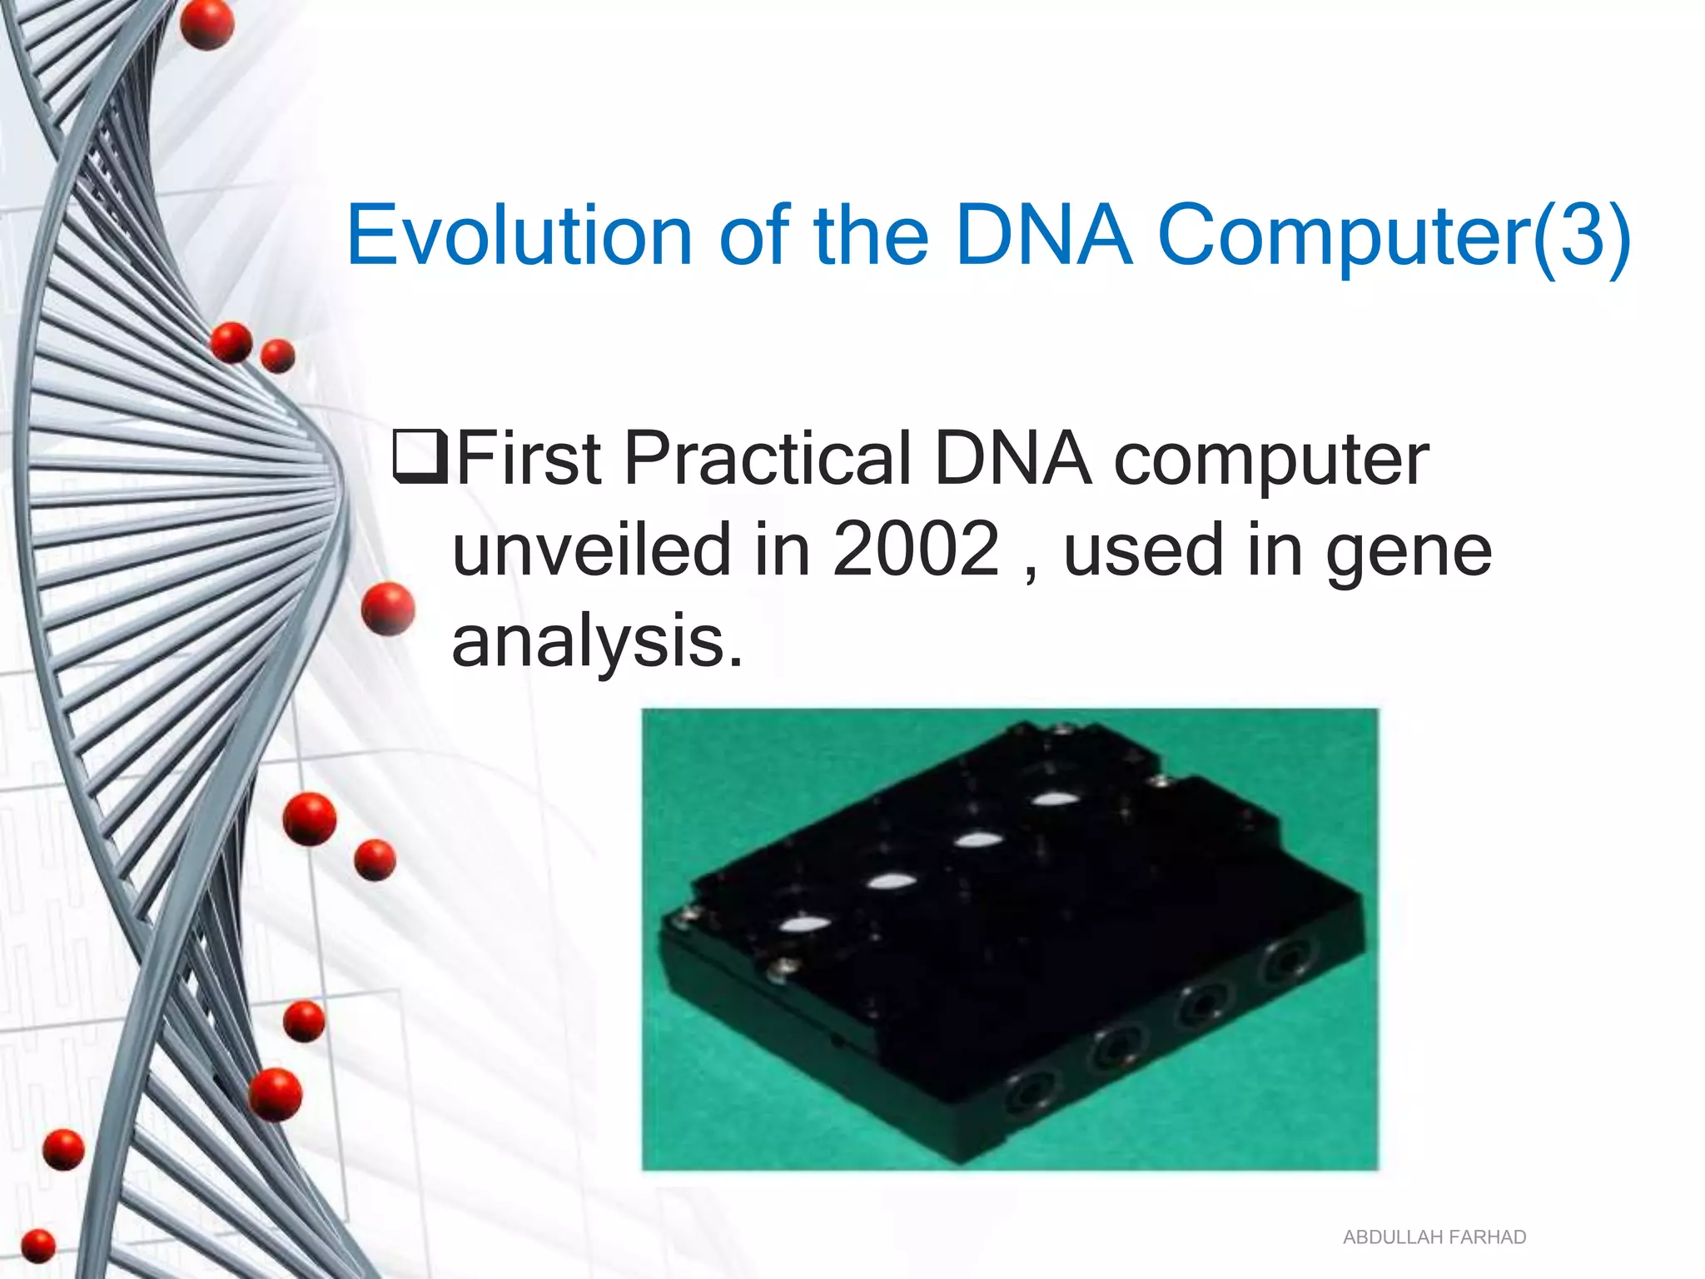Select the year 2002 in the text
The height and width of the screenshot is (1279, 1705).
915,549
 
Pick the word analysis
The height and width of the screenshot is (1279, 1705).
596,642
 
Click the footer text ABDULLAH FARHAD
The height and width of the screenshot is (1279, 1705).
1434,1237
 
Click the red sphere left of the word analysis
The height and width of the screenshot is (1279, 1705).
388,609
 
